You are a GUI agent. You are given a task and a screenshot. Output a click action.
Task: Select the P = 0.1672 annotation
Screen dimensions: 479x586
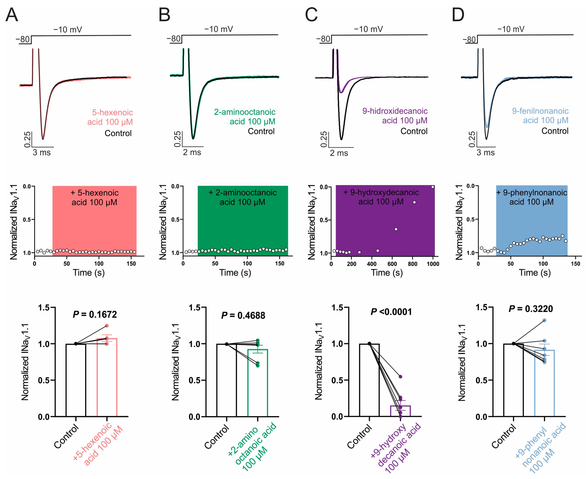pos(95,314)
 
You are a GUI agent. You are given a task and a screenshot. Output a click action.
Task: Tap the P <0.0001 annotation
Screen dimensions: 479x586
pos(391,312)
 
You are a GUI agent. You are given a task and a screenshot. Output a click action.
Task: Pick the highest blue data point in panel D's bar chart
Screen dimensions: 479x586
pos(544,320)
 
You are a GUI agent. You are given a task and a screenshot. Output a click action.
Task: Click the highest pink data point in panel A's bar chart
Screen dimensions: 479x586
pos(107,326)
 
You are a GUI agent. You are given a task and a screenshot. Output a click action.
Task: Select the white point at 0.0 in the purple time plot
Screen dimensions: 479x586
pos(433,187)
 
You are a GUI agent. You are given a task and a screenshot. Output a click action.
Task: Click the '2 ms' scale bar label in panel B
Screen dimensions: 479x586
pos(192,152)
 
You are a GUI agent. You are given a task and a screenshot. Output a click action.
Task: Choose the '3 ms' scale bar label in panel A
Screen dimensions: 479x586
pos(42,153)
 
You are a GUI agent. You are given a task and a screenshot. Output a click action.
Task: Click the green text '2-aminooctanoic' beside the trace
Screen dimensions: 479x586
pos(245,112)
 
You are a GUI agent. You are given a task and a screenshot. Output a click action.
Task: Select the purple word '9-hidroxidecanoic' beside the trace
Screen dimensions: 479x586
pos(395,111)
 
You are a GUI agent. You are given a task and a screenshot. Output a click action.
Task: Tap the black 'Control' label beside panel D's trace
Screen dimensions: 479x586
pos(555,131)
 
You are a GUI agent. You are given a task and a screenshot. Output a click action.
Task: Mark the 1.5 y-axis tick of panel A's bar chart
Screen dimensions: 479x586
pos(44,308)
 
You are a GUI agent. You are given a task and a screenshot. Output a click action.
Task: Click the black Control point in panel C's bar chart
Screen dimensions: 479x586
pos(369,344)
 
